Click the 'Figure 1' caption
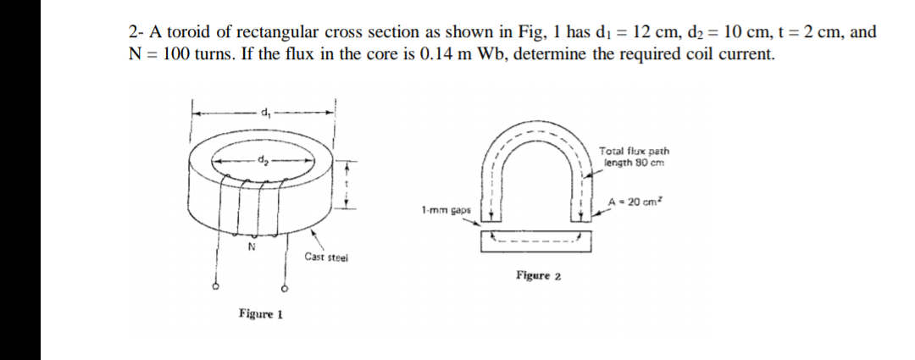[260, 314]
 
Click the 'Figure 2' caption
[538, 275]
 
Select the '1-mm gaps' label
[442, 208]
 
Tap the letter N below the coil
[251, 246]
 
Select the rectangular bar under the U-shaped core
[535, 241]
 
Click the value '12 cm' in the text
[652, 33]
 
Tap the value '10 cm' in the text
[749, 33]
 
